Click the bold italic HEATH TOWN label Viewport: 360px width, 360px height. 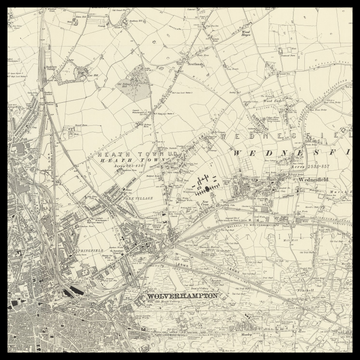point(134,161)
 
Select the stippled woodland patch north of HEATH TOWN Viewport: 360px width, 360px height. point(132,84)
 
